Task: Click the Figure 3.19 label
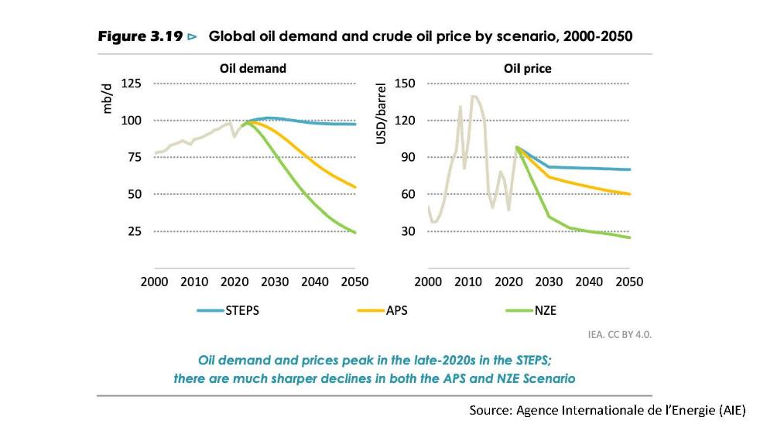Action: click(x=141, y=36)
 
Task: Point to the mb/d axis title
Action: click(x=109, y=100)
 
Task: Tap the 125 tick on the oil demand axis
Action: click(x=132, y=84)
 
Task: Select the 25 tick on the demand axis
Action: click(x=135, y=231)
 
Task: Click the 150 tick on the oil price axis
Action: click(x=406, y=84)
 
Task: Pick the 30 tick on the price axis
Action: click(x=409, y=231)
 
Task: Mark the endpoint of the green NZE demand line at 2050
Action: click(x=355, y=232)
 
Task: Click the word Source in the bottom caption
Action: click(x=488, y=410)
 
